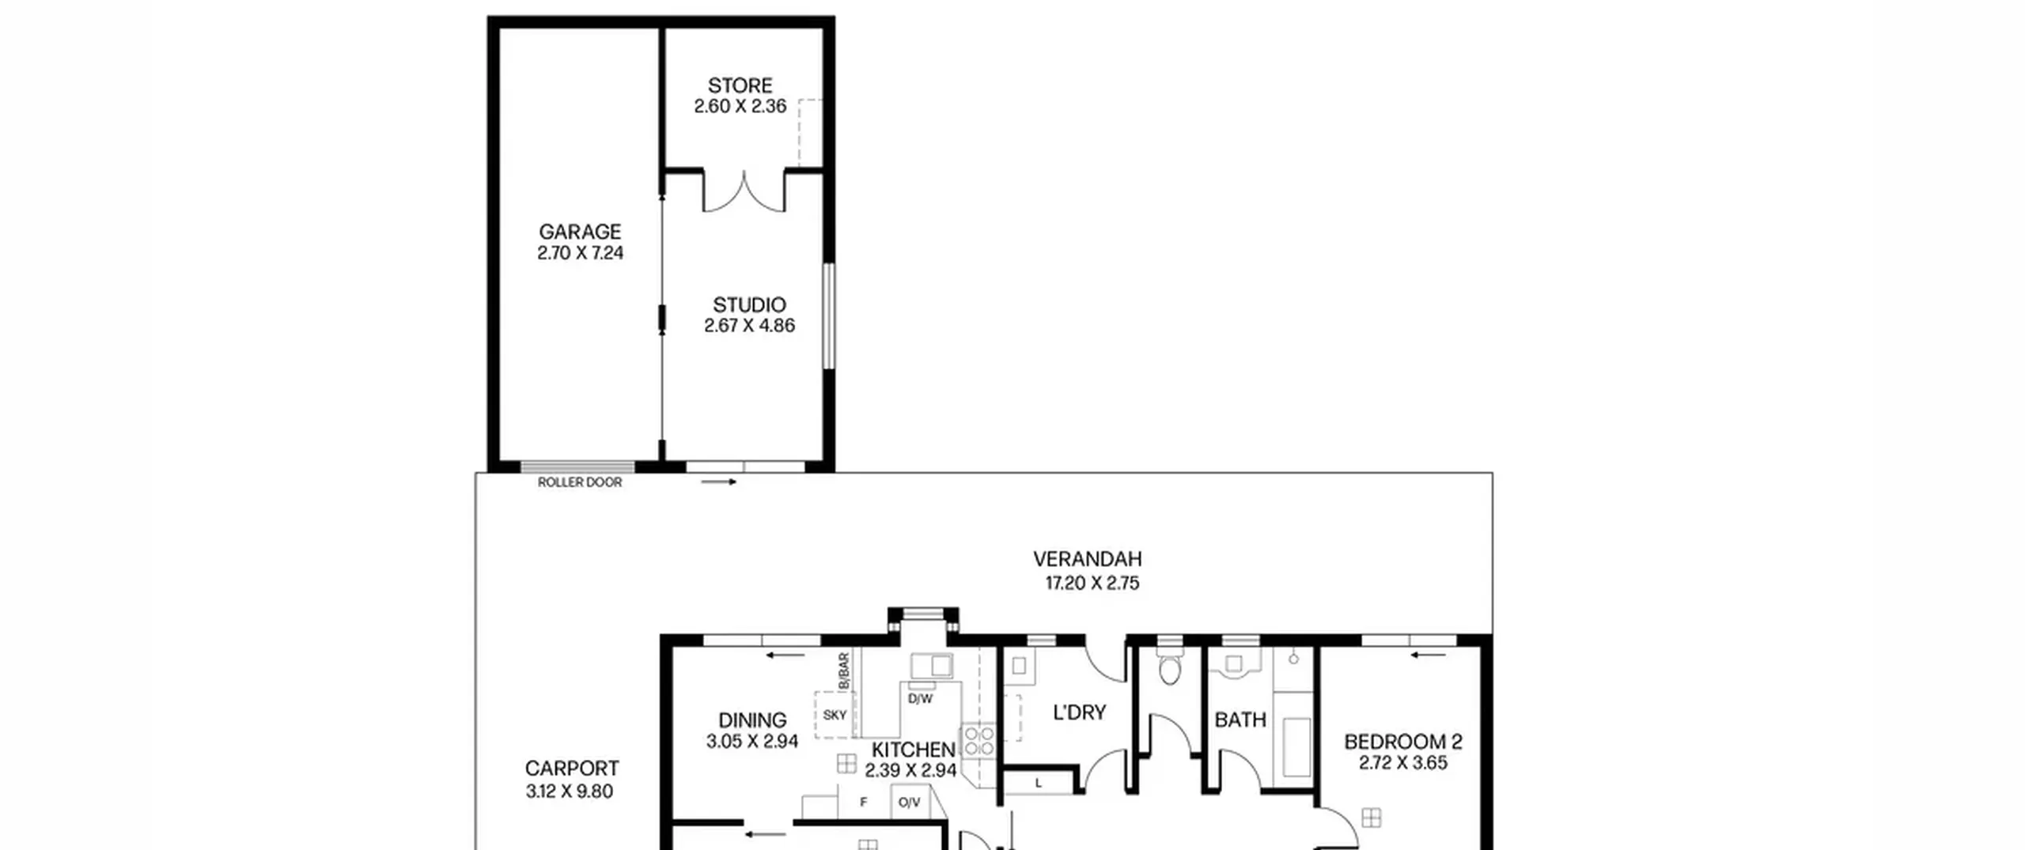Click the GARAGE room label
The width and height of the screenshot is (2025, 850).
click(580, 232)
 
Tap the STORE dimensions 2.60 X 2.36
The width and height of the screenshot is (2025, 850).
click(740, 106)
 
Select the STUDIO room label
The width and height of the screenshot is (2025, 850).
click(749, 304)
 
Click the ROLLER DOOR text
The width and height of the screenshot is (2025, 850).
click(580, 482)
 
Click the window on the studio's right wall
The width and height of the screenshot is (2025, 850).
click(828, 315)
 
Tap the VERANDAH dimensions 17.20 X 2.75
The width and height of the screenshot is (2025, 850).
click(1092, 584)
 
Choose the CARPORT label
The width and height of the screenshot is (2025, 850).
click(572, 768)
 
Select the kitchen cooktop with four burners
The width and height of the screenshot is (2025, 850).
click(979, 742)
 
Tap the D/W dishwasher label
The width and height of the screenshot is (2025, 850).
click(920, 699)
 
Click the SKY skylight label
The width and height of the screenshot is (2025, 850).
click(835, 715)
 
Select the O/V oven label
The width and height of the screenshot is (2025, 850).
click(910, 803)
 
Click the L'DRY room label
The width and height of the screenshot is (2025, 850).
click(1079, 712)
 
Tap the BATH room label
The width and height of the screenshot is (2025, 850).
click(1240, 720)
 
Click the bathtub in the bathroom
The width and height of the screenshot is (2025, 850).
click(1296, 747)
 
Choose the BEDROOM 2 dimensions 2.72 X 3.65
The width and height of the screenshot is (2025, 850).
click(1403, 763)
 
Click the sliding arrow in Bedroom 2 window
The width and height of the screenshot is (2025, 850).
click(1429, 655)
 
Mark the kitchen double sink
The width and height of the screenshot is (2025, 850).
click(931, 666)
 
